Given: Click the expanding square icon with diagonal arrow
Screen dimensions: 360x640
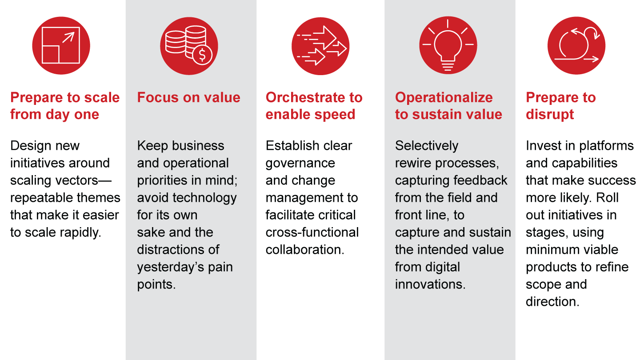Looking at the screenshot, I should point(61,45).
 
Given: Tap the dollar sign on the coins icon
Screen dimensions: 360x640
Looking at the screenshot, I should point(202,55).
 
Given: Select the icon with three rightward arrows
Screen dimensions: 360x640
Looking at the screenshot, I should point(320,46).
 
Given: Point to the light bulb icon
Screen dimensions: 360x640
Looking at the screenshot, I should point(448,46).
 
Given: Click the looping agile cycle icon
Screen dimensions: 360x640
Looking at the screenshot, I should point(576,46).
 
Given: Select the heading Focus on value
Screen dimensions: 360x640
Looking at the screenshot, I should point(188,98).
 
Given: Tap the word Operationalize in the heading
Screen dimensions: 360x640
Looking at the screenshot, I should point(444,98).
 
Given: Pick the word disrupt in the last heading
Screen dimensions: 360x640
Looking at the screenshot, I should point(550,115).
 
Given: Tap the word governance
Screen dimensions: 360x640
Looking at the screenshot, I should point(300,163).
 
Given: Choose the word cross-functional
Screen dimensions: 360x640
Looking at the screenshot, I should point(312,232).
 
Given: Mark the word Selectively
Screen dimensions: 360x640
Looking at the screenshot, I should point(426,146).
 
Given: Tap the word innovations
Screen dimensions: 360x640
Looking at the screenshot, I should point(430,284).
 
